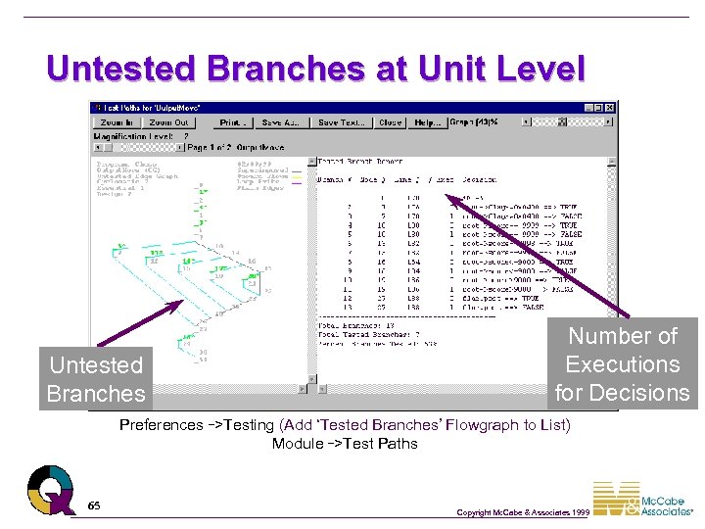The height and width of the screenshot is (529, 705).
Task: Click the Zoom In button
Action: pyautogui.click(x=117, y=122)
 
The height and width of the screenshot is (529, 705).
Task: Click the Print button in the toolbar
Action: pyautogui.click(x=232, y=122)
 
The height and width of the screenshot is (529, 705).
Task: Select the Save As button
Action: pyautogui.click(x=280, y=122)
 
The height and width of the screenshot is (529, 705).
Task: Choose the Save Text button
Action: pyautogui.click(x=341, y=122)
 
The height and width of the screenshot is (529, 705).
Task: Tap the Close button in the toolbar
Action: pyautogui.click(x=390, y=122)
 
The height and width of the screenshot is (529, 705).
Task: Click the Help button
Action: pyautogui.click(x=427, y=122)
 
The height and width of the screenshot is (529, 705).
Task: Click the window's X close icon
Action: pyautogui.click(x=610, y=108)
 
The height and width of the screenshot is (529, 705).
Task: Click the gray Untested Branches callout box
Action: pyautogui.click(x=95, y=379)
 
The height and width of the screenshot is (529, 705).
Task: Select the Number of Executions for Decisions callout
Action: pyautogui.click(x=623, y=364)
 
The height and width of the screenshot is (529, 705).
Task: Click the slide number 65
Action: pyautogui.click(x=93, y=505)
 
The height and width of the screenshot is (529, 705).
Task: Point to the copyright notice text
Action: pyautogui.click(x=523, y=512)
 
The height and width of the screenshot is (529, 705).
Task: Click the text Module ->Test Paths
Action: pyautogui.click(x=344, y=444)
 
